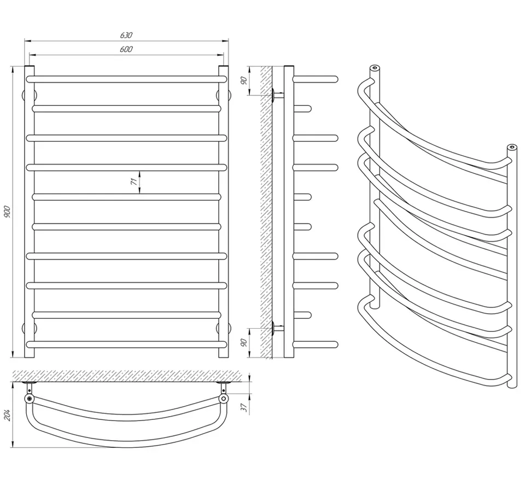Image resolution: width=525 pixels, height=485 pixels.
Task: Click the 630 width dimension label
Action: (x=126, y=35)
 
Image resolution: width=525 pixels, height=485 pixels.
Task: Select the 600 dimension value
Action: (x=126, y=49)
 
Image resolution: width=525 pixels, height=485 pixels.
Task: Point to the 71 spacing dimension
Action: (x=133, y=182)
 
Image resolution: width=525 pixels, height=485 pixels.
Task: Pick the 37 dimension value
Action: (x=244, y=407)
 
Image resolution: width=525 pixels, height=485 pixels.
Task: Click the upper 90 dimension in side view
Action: (x=244, y=81)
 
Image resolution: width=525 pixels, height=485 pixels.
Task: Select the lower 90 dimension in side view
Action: (x=244, y=343)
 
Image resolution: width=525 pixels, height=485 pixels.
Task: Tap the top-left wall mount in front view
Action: (x=24, y=95)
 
